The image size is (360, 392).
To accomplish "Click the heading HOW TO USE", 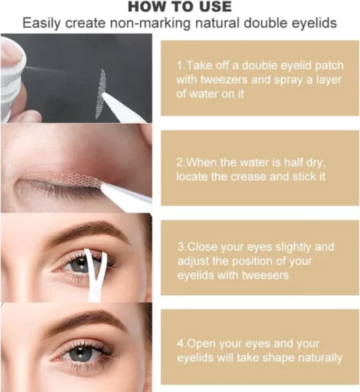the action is pos(179,7).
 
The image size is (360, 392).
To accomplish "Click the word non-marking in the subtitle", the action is pos(150,23).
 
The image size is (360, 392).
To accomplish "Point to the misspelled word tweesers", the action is pos(265,275).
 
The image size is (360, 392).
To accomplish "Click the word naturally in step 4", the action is pos(320,358).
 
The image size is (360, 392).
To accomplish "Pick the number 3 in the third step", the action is pos(181,247).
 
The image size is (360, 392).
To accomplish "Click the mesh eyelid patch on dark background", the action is pos(101,93).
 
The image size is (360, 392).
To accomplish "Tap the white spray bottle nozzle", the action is pos(13,75).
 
